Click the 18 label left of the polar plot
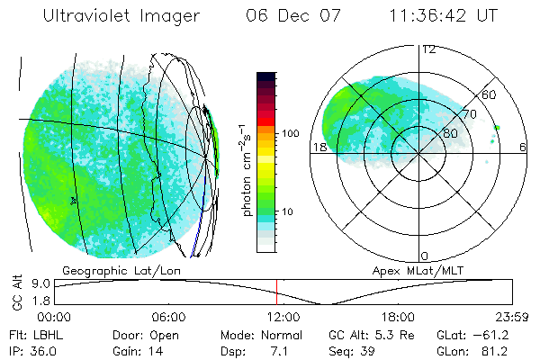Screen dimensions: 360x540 click(319, 147)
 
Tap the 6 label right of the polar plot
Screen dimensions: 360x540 click(523, 147)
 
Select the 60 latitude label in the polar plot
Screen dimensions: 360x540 click(489, 94)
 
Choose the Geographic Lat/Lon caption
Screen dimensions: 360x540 click(112, 270)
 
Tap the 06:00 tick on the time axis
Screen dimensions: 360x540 click(168, 317)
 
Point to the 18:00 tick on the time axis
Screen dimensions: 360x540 click(398, 317)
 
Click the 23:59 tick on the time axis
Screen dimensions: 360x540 click(510, 317)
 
